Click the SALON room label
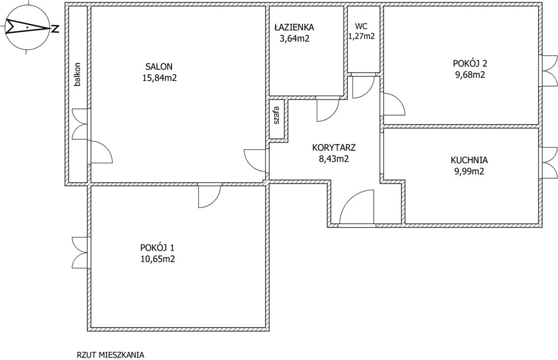click(159, 67)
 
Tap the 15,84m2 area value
click(159, 78)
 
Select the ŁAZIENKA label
click(294, 27)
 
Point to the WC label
click(361, 26)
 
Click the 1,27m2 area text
click(361, 36)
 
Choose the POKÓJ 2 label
click(470, 63)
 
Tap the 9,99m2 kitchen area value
click(469, 171)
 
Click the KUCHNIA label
click(469, 160)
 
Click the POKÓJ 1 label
click(158, 247)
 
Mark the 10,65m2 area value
click(158, 259)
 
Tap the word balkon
click(77, 75)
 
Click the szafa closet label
click(276, 116)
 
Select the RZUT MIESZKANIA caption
click(111, 355)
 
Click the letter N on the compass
click(55, 29)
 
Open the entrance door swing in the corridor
click(356, 207)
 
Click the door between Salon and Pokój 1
click(209, 196)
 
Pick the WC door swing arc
click(363, 87)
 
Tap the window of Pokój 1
click(80, 253)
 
